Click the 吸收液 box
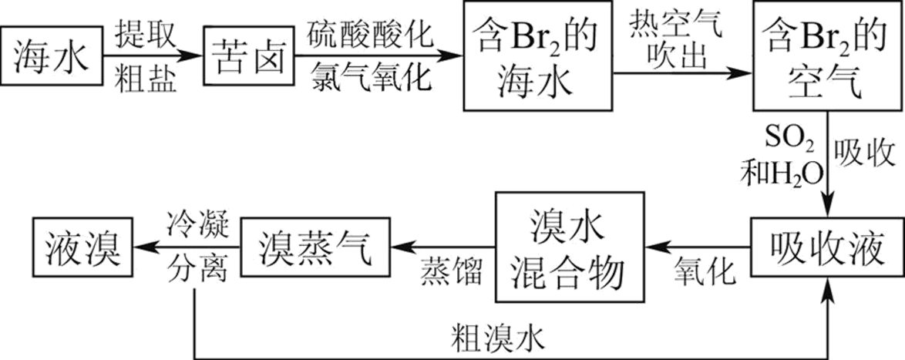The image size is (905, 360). click(826, 248)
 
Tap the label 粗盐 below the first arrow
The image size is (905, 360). click(148, 78)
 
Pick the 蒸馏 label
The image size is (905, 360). click(451, 271)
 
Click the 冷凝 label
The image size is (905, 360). click(197, 223)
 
